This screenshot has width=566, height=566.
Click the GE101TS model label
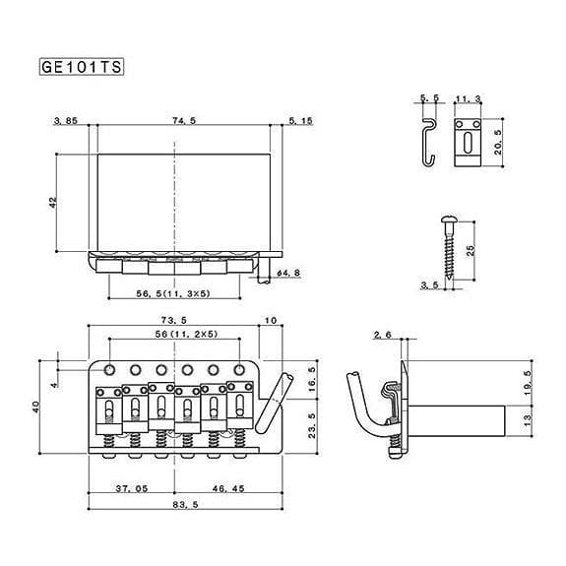(x=82, y=67)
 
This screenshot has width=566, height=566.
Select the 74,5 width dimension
(x=184, y=120)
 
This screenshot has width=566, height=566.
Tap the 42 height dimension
(x=53, y=202)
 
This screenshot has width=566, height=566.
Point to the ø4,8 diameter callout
(x=288, y=273)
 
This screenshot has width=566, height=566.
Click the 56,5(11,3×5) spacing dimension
(x=173, y=294)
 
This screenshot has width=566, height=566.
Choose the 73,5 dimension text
(x=174, y=320)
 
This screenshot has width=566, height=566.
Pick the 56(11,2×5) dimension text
(x=187, y=335)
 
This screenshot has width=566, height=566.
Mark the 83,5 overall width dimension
(x=185, y=505)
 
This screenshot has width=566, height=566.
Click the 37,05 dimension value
(x=132, y=489)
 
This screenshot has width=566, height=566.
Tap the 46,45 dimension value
(x=228, y=489)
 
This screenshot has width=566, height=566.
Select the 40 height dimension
(x=36, y=408)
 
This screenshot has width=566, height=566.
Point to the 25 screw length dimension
(x=471, y=250)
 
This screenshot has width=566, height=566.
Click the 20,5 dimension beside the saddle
(x=498, y=142)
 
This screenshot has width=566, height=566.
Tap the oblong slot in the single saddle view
(x=468, y=142)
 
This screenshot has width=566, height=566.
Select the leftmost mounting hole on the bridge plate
(x=109, y=370)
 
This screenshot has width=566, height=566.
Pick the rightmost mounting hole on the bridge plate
(x=239, y=370)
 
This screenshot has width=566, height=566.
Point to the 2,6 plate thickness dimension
(x=383, y=335)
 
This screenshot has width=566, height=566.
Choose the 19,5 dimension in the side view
(x=528, y=383)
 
